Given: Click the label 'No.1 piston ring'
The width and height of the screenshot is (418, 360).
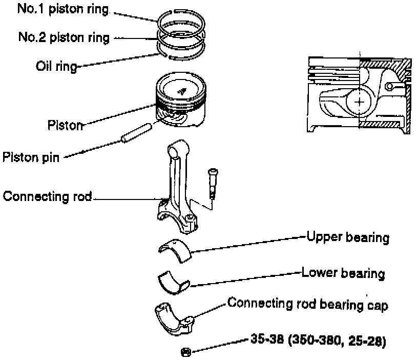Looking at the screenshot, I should click(x=63, y=9).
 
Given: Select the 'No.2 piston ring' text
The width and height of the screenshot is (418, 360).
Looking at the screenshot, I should click(x=63, y=37).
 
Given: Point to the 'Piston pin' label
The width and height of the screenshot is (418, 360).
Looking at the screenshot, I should click(x=31, y=156).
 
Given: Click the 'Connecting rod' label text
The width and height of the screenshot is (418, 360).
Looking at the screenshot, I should click(x=47, y=196).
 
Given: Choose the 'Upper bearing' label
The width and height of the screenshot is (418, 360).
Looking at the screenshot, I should click(x=348, y=237).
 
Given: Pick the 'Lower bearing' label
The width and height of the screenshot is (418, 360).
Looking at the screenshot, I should click(x=343, y=272).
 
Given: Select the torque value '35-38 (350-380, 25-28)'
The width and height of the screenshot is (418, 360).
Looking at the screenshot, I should click(x=318, y=339).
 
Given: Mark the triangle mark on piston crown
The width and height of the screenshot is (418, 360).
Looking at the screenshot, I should click(x=182, y=91).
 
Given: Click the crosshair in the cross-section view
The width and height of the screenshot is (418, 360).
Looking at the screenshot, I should click(x=360, y=102).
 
